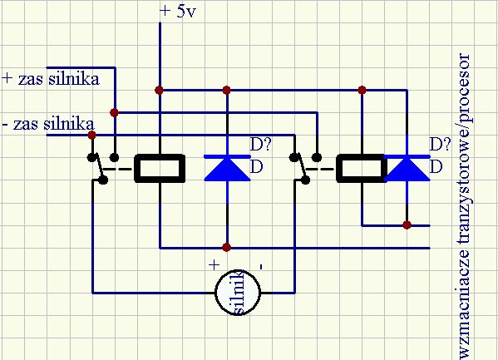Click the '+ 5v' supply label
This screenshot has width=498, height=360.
click(x=178, y=12)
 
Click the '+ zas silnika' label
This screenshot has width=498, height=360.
click(x=52, y=79)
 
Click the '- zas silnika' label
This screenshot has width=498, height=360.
click(x=48, y=124)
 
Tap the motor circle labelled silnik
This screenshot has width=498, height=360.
click(x=238, y=292)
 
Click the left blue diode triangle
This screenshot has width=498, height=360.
click(x=227, y=170)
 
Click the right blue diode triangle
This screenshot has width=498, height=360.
click(x=407, y=170)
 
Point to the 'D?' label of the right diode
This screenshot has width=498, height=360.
click(x=440, y=145)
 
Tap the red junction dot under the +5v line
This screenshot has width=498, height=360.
click(x=160, y=91)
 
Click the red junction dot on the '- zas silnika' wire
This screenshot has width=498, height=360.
click(x=91, y=135)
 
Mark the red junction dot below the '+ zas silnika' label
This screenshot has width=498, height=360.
click(x=115, y=112)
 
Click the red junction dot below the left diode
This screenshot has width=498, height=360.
click(x=226, y=247)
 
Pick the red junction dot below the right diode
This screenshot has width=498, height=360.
click(x=407, y=225)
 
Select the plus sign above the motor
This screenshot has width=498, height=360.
click(x=214, y=264)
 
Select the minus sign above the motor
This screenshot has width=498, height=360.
click(x=261, y=266)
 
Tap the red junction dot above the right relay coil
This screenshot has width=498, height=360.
click(x=362, y=91)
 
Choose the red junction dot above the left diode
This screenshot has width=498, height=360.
click(x=226, y=91)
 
